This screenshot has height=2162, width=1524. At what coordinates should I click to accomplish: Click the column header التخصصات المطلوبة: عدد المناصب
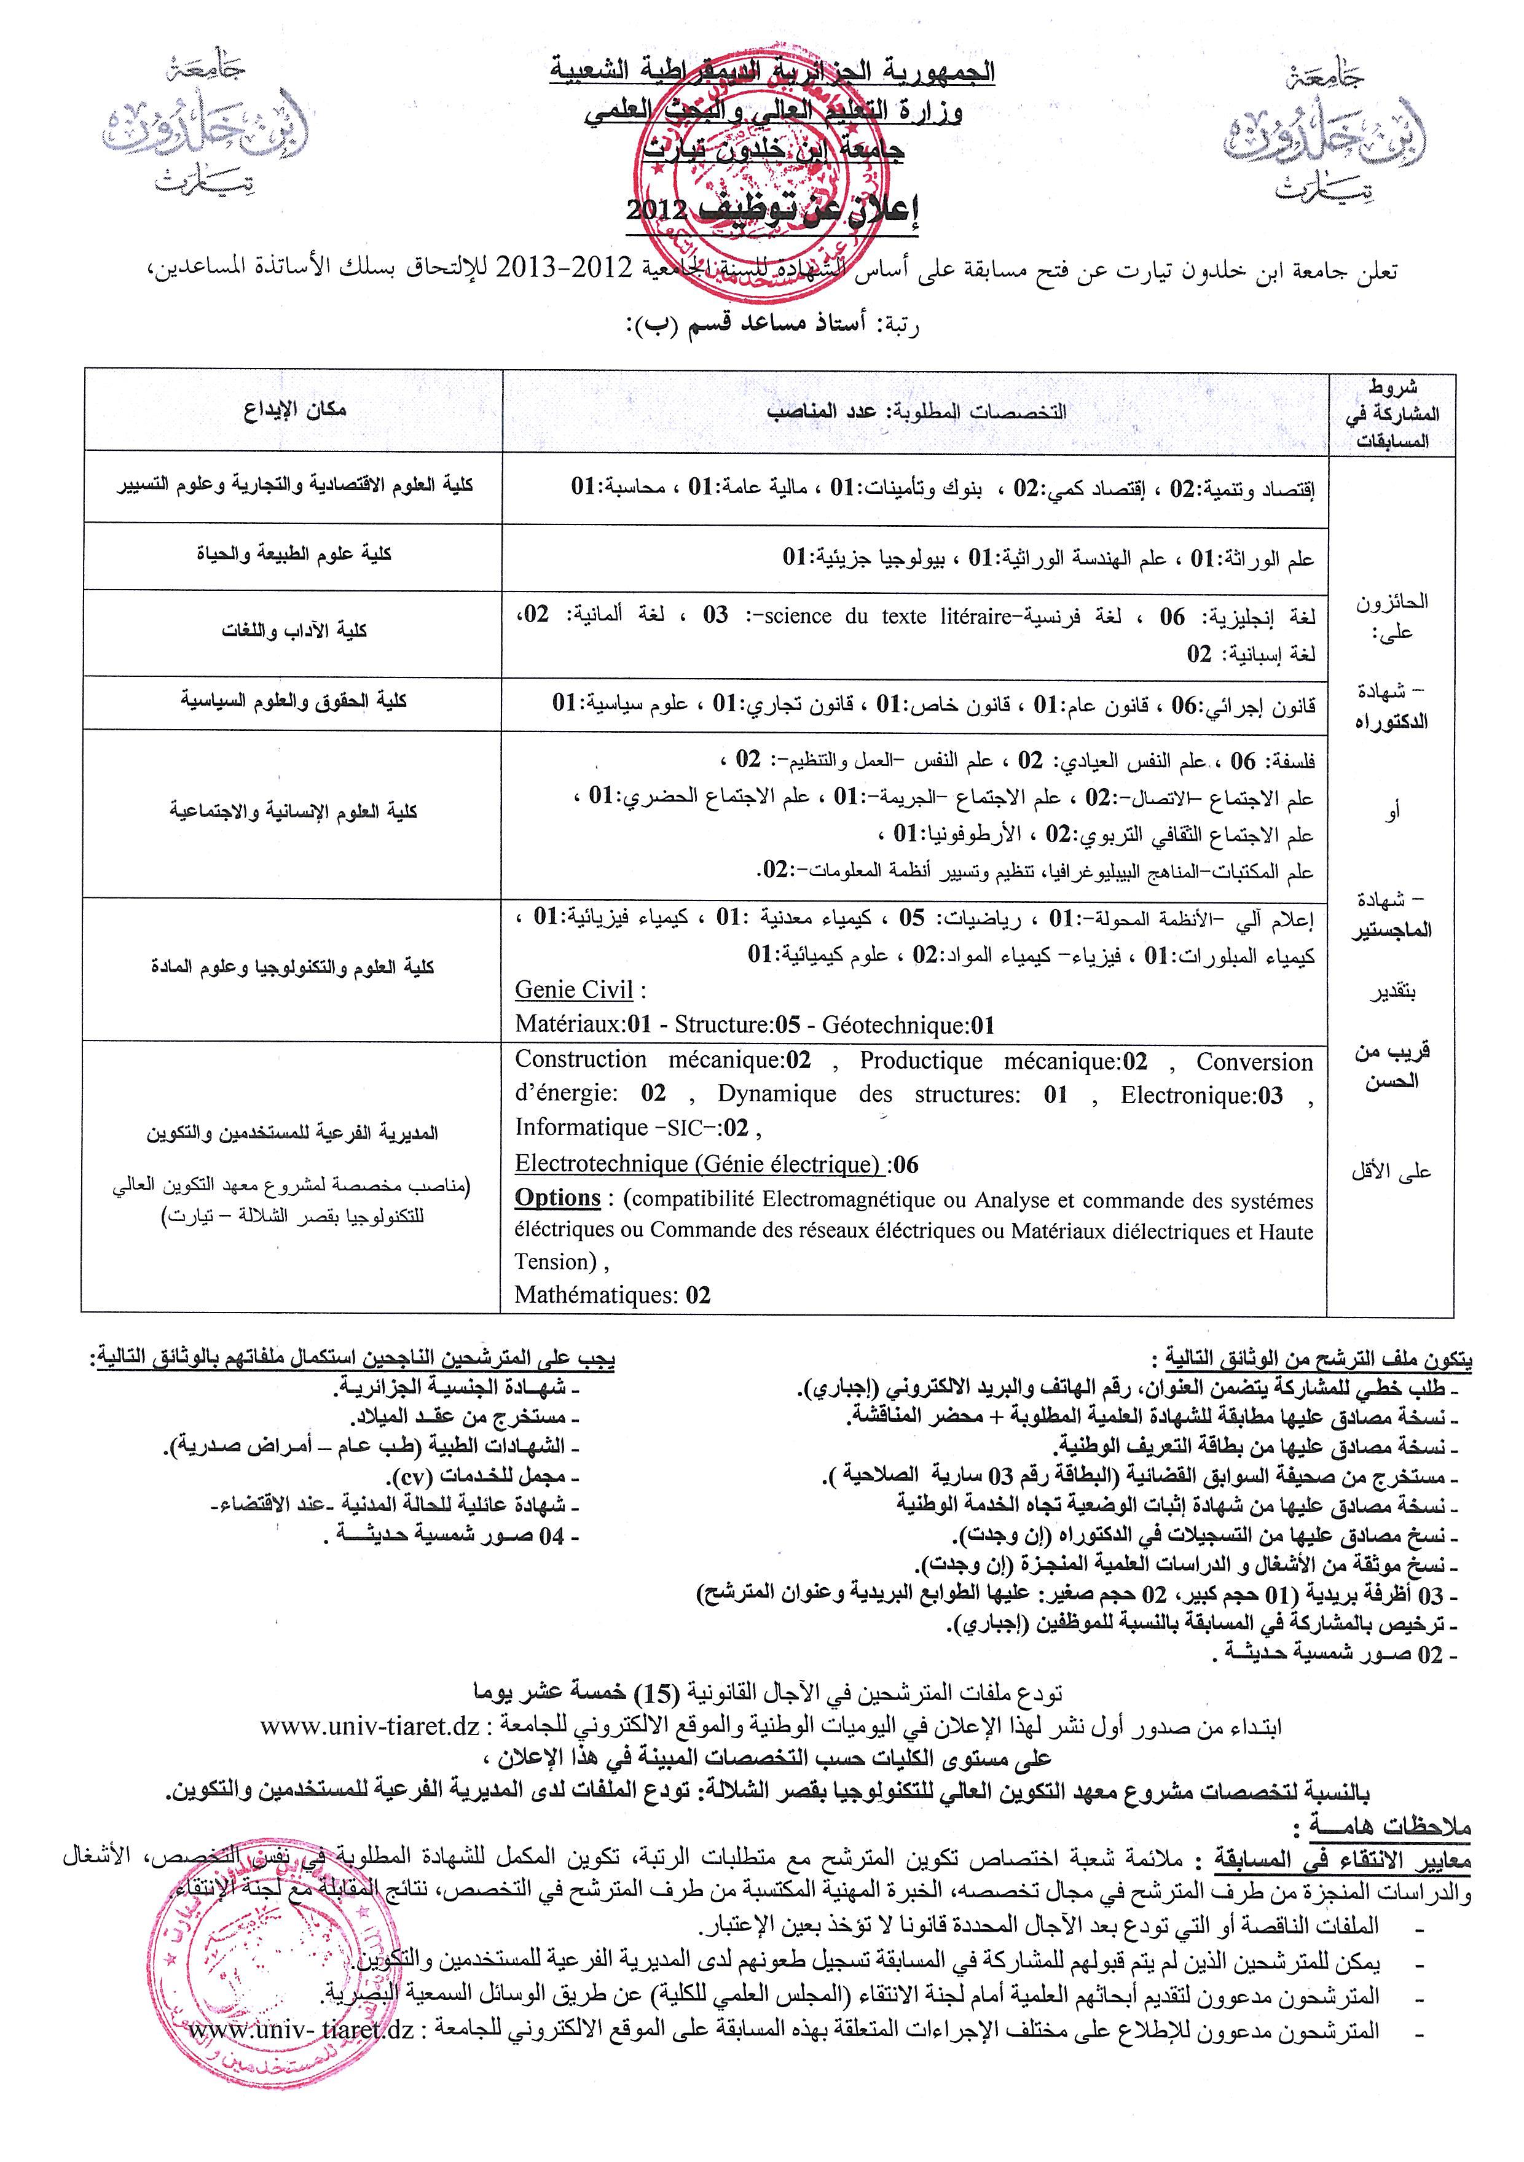[x=916, y=412]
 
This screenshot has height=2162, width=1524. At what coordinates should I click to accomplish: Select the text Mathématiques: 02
[x=612, y=1296]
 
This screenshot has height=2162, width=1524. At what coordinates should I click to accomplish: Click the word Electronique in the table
[x=1188, y=1095]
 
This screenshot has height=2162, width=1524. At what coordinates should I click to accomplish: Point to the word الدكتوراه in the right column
[x=1391, y=722]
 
